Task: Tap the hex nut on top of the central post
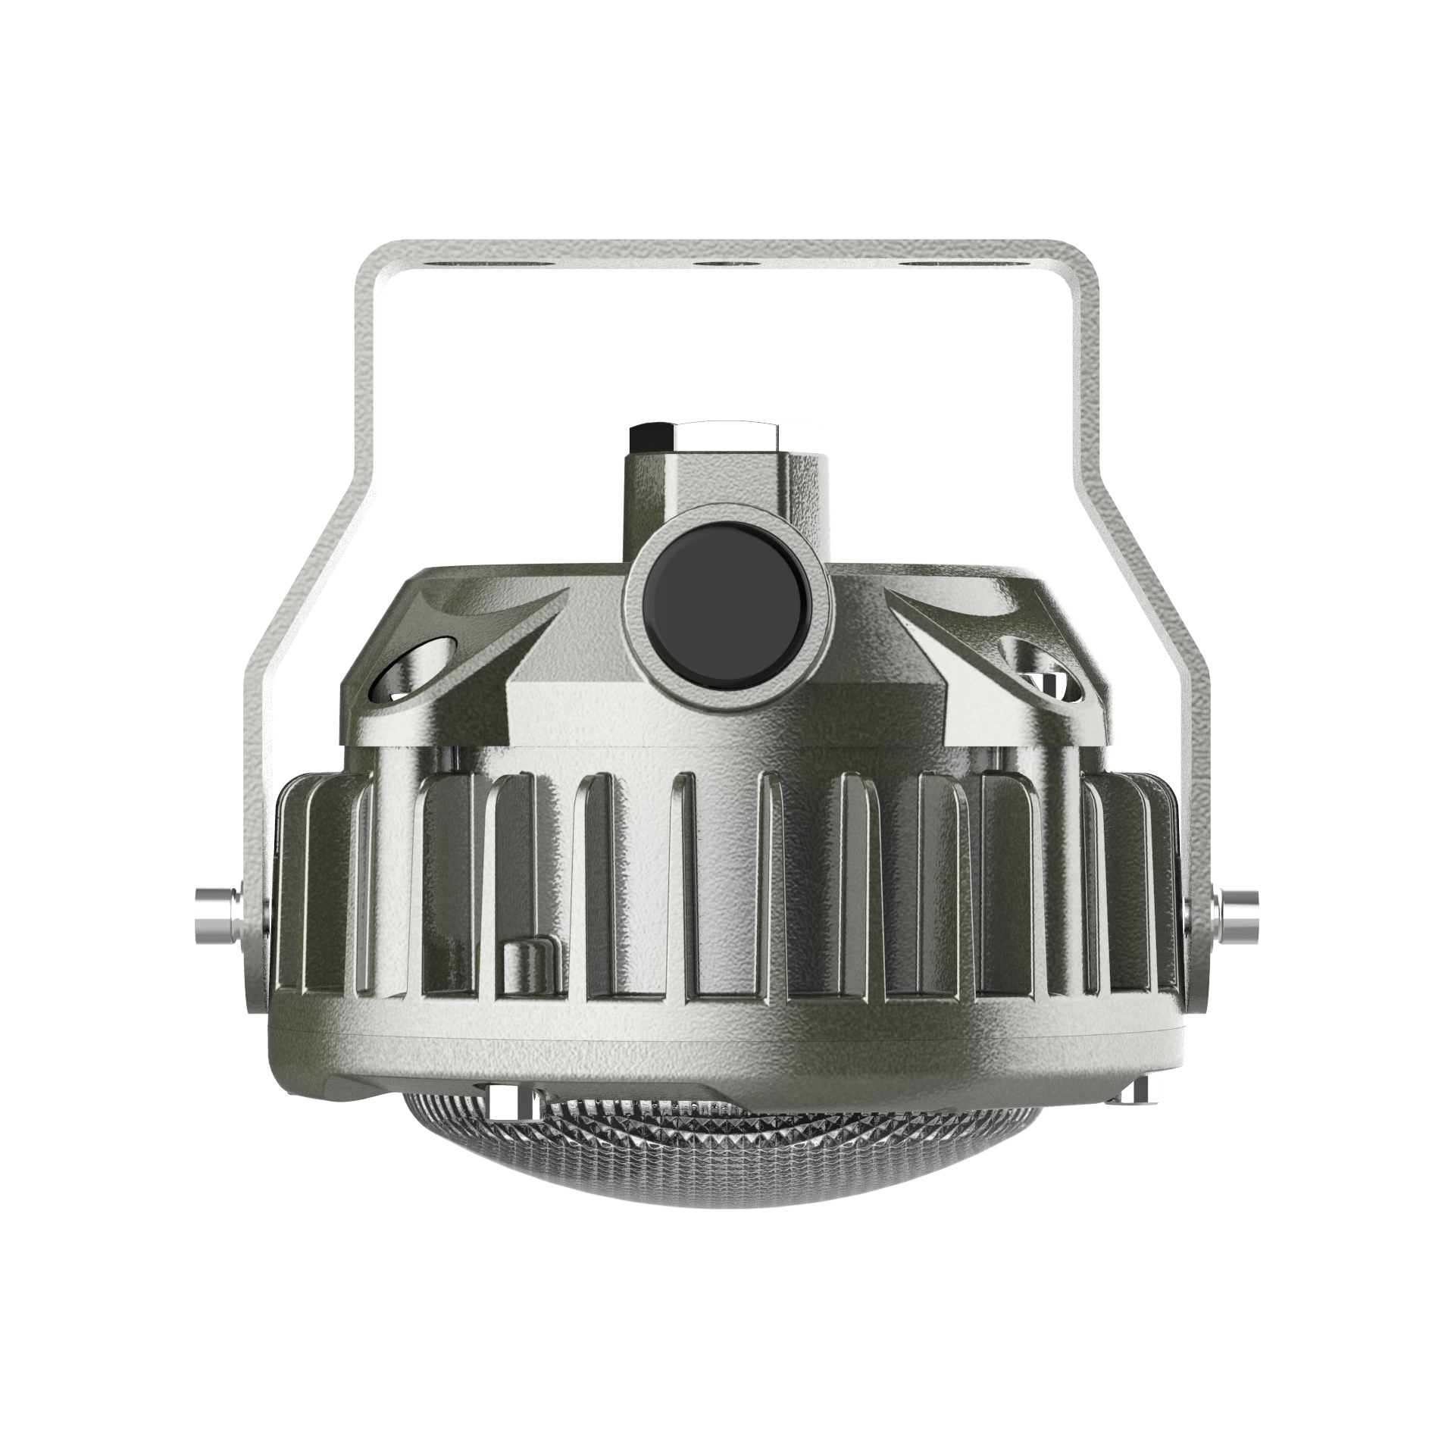point(704,437)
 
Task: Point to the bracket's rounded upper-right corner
point(1082,261)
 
